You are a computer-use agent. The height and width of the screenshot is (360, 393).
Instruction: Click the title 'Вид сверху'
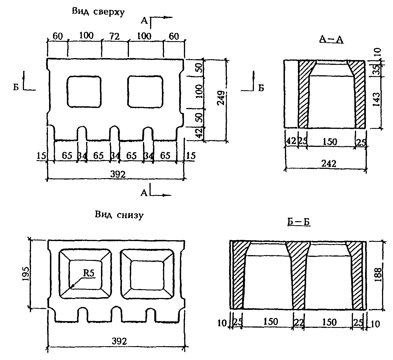(x=98, y=12)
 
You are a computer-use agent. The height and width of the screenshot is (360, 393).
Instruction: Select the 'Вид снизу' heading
(x=119, y=215)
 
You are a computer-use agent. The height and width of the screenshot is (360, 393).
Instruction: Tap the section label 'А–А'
(x=331, y=40)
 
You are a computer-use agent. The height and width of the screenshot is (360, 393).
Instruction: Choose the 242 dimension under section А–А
(x=329, y=164)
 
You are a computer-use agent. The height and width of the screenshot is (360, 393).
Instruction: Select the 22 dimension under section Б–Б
(x=298, y=323)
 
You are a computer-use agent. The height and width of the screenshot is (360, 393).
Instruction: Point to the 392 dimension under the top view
(x=118, y=174)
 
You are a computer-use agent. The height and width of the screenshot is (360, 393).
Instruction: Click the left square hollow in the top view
(x=84, y=91)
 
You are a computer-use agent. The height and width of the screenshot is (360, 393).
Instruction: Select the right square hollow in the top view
(x=145, y=91)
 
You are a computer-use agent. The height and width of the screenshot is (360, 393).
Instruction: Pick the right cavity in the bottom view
(x=147, y=274)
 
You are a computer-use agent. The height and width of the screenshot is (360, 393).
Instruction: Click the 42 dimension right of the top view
(x=199, y=133)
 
